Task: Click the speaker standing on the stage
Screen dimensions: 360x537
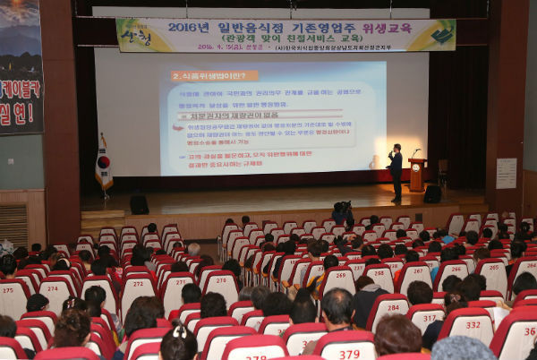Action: pyautogui.click(x=396, y=170)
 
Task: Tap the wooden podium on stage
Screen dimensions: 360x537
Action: pyautogui.click(x=417, y=175)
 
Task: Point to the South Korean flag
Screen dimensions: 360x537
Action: pyautogui.click(x=104, y=165)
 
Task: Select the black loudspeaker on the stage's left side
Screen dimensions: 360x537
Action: pyautogui.click(x=139, y=204)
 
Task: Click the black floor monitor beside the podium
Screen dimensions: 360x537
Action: pyautogui.click(x=432, y=193)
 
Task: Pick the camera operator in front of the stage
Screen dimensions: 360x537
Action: pyautogui.click(x=342, y=213)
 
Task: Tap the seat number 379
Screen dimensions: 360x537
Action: pyautogui.click(x=349, y=354)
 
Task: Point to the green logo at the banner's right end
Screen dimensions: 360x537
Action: pyautogui.click(x=442, y=34)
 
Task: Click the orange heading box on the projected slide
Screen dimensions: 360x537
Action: pyautogui.click(x=214, y=76)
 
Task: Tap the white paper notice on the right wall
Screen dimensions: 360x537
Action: pyautogui.click(x=507, y=173)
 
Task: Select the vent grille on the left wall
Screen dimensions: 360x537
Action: pyautogui.click(x=13, y=225)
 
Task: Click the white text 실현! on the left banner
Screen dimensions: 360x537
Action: pyautogui.click(x=20, y=114)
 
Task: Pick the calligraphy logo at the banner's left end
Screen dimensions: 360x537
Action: pyautogui.click(x=136, y=36)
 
